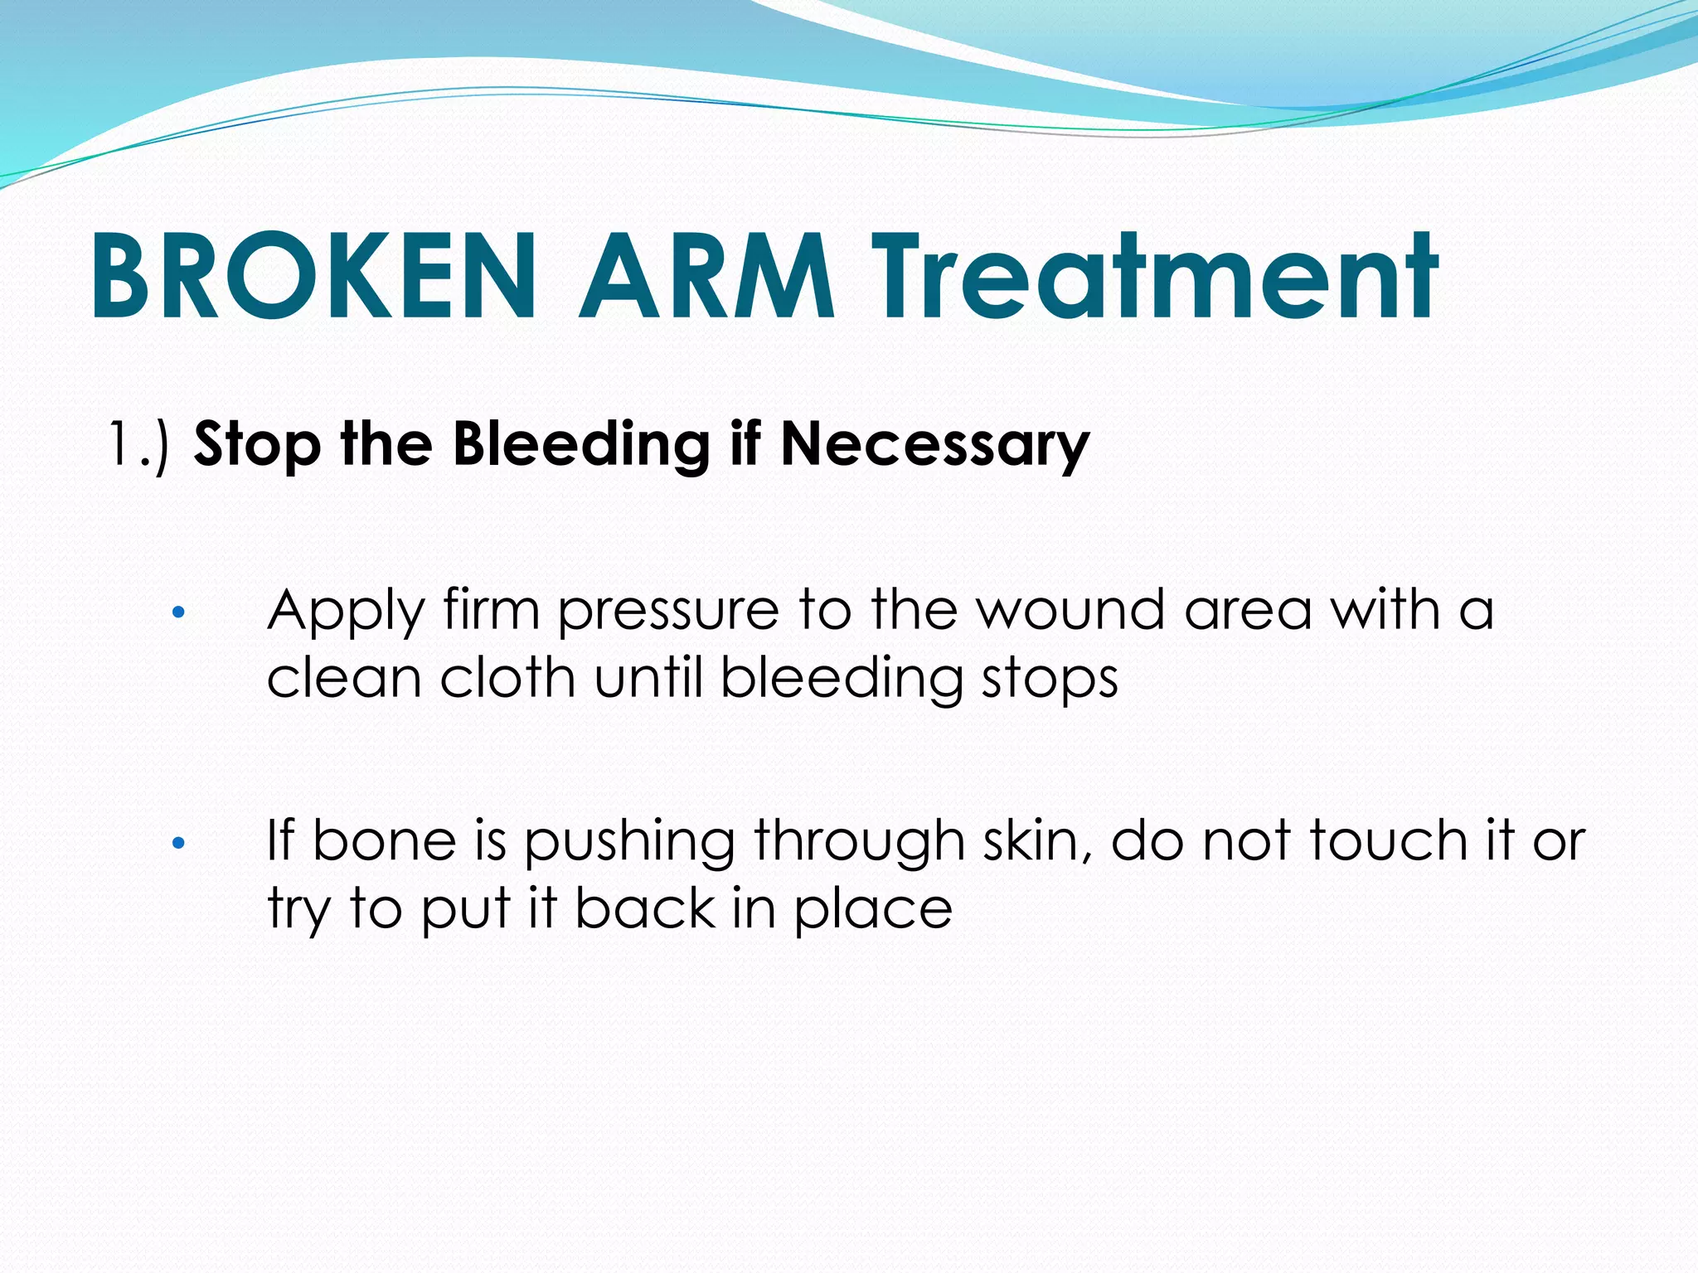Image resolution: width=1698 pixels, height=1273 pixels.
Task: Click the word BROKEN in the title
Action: tap(313, 277)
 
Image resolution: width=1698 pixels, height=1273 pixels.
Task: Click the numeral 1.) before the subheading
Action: tap(138, 445)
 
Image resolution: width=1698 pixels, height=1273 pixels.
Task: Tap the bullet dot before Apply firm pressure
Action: tap(177, 614)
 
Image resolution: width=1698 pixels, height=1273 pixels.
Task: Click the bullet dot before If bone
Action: tap(177, 845)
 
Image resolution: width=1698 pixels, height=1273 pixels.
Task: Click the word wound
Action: tap(1070, 611)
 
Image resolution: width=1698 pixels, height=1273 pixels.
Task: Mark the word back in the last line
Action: tap(645, 908)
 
